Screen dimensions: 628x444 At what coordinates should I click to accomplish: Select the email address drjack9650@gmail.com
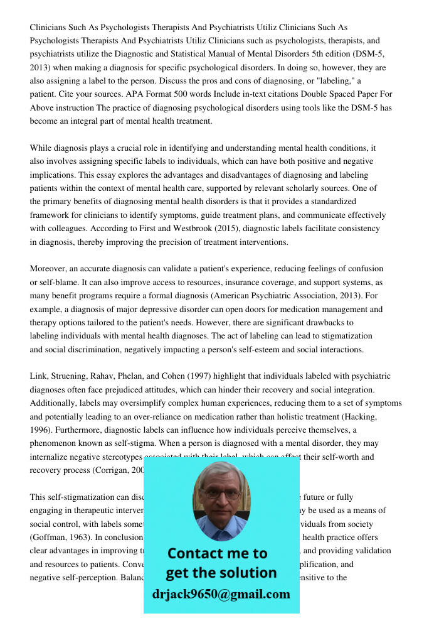click(x=221, y=594)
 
